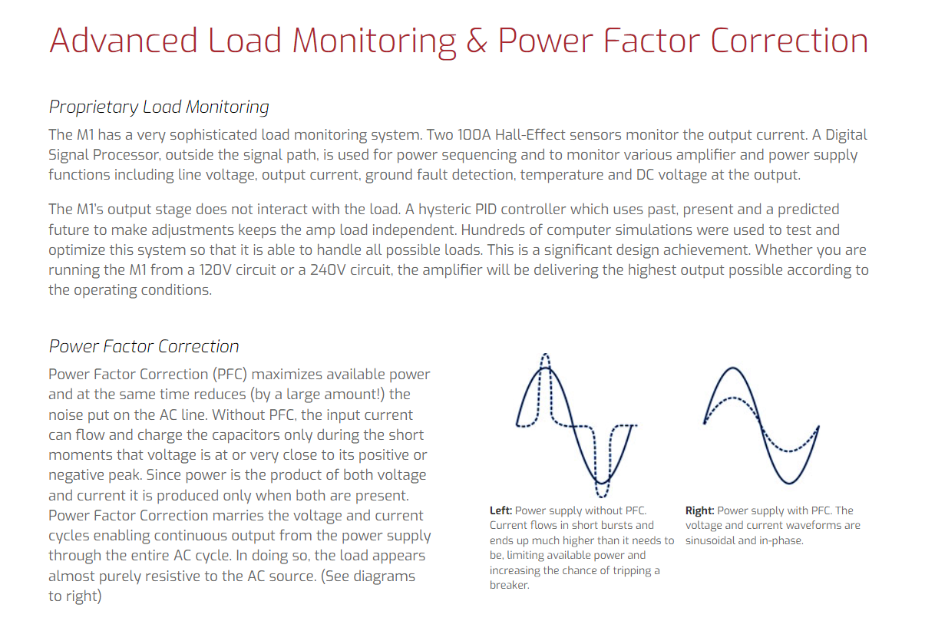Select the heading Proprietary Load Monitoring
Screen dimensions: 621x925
click(159, 107)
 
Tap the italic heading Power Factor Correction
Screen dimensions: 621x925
click(144, 346)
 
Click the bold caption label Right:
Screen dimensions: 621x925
click(699, 510)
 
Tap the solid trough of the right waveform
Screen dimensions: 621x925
click(789, 482)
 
